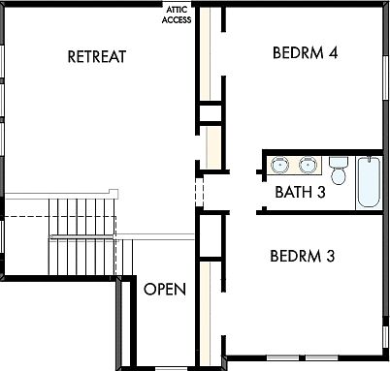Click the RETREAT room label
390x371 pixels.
(97, 56)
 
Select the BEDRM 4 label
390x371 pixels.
(306, 51)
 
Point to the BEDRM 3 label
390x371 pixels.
(303, 257)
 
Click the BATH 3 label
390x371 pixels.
(300, 191)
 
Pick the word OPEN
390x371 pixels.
(165, 289)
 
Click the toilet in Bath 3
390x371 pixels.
(339, 171)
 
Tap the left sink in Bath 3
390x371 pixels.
(279, 164)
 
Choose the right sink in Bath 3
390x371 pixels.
(308, 164)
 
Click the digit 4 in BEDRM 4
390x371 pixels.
(333, 51)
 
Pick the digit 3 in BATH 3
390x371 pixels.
(321, 191)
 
